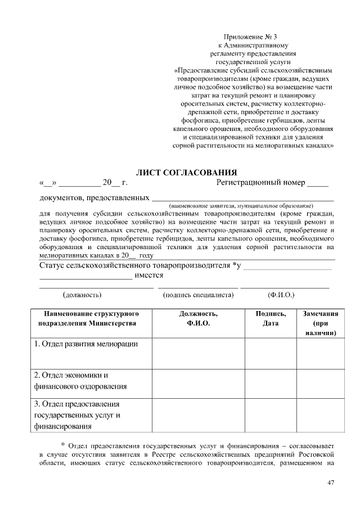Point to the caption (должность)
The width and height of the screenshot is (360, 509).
point(82,294)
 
